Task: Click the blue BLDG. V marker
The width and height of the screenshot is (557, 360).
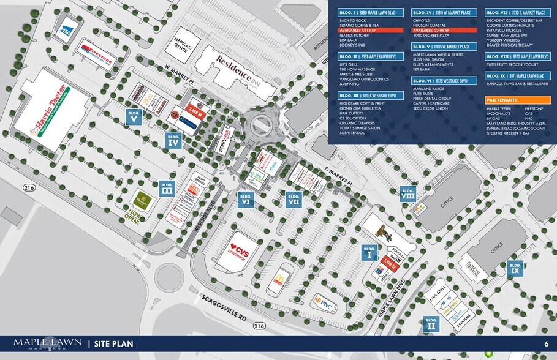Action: [x=134, y=116]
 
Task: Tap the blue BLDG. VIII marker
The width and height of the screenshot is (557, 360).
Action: [x=407, y=193]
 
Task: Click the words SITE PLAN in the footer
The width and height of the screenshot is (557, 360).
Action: [x=113, y=344]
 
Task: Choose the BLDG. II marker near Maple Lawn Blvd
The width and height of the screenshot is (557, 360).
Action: [x=431, y=323]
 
